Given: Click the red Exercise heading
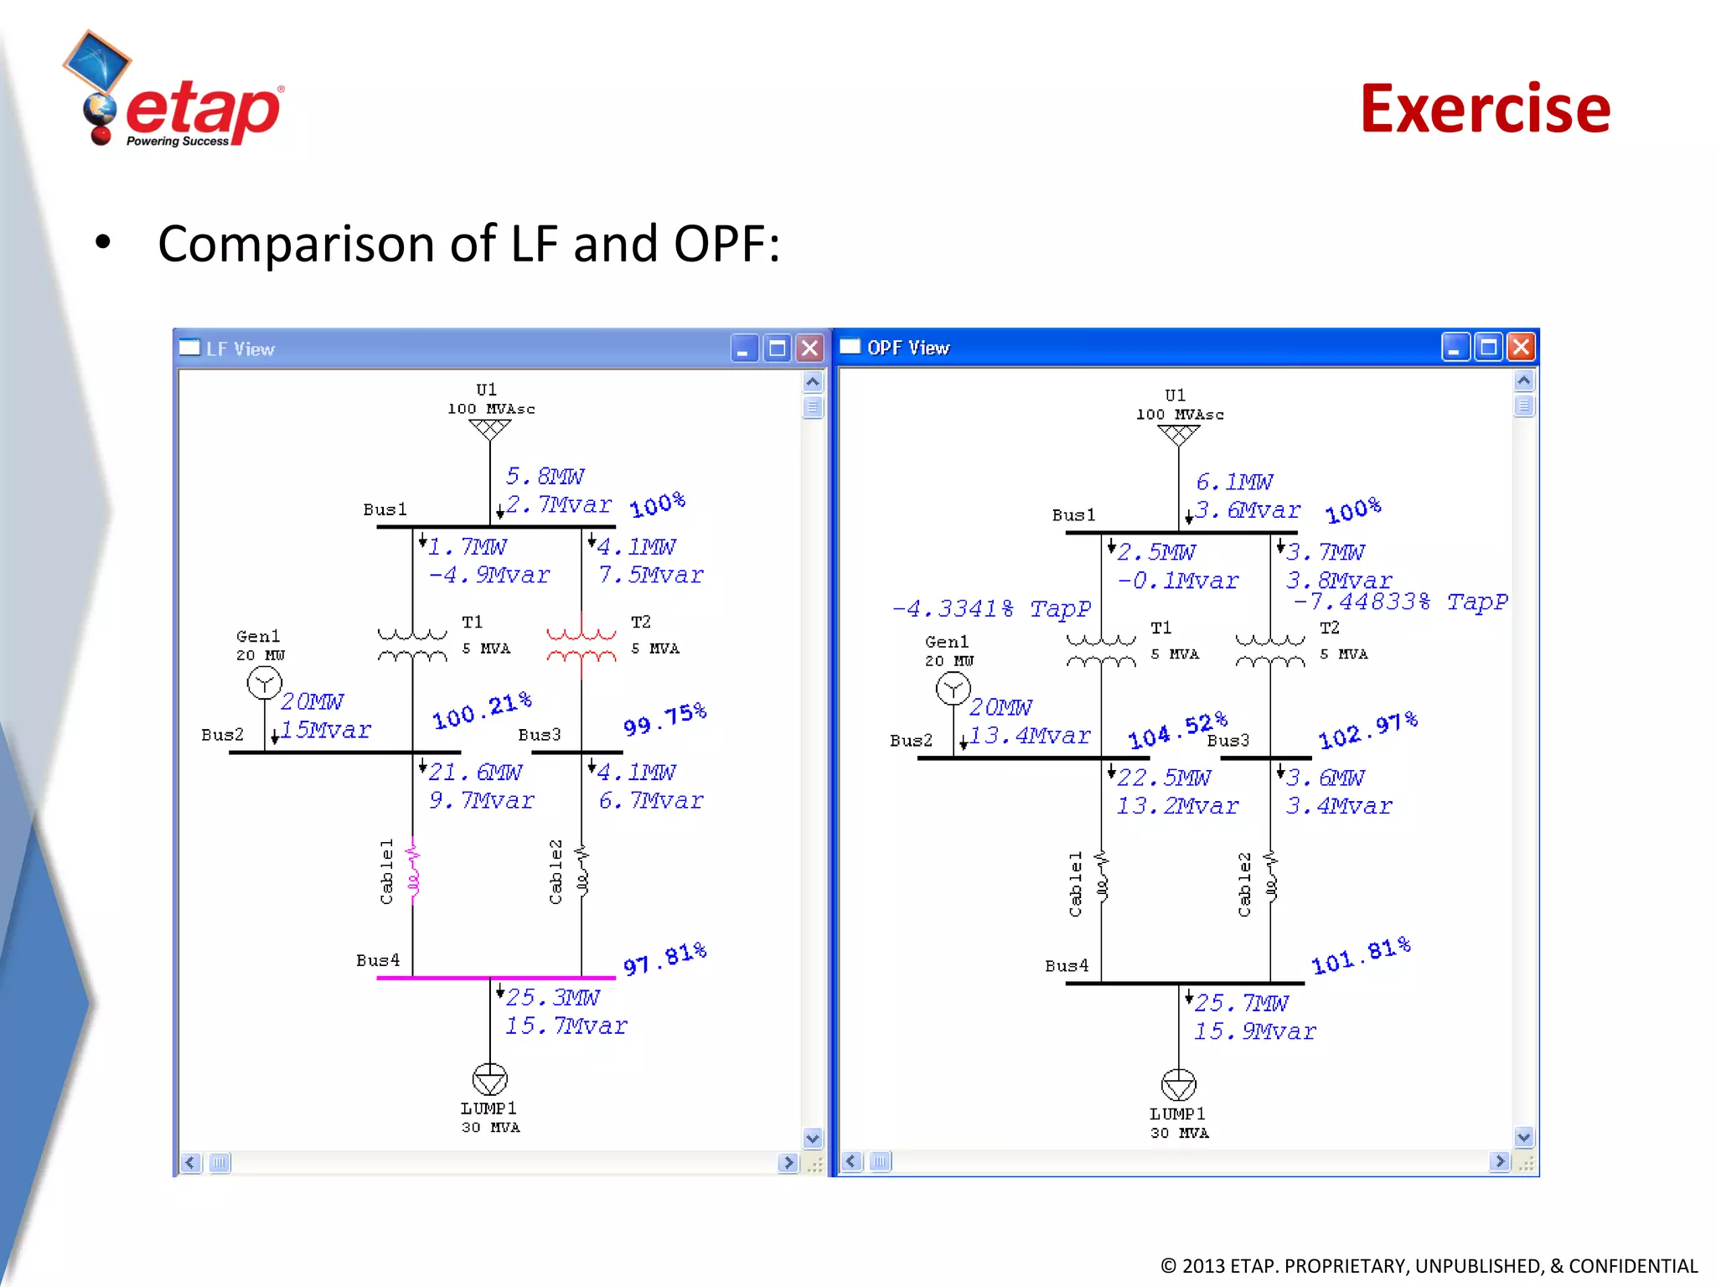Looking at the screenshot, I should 1485,109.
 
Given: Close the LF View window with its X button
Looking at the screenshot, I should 809,348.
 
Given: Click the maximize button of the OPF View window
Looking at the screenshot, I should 1488,347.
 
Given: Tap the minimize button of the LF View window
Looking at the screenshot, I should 744,348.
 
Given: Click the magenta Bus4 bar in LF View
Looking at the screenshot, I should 496,977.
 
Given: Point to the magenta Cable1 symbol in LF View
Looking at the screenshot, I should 412,871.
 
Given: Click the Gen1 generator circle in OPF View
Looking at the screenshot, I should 953,690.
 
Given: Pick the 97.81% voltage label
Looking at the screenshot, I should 664,959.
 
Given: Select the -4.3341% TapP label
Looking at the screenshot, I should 991,608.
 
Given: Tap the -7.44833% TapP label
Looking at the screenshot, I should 1399,602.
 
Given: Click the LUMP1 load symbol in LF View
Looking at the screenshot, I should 489,1079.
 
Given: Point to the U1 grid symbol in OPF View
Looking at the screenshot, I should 1178,435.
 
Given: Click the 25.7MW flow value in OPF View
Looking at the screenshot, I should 1241,1003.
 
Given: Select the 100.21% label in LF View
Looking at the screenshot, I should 482,711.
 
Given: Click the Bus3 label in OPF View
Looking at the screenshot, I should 1228,741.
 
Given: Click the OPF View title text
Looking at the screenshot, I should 908,348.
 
